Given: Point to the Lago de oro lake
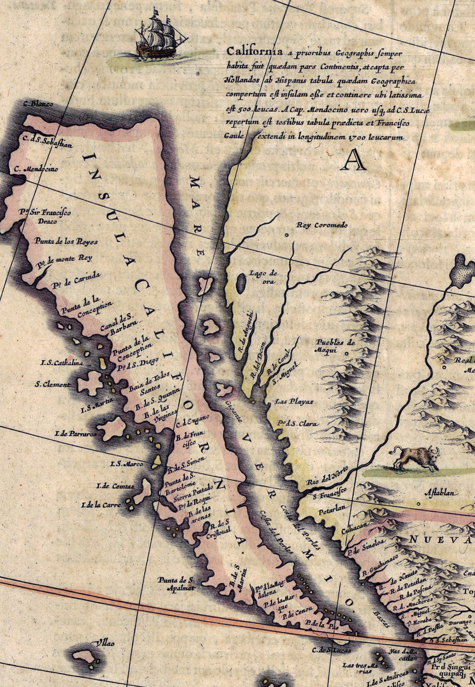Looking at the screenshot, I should click(241, 283).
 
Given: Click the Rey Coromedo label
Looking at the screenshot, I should click(322, 225).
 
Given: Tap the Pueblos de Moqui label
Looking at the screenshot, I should click(335, 346).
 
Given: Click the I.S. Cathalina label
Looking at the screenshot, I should click(62, 363).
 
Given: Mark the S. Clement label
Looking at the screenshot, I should click(53, 384).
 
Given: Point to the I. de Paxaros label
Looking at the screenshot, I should click(76, 433).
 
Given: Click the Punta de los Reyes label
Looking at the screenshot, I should click(65, 241).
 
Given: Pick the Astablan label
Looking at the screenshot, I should click(442, 493).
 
